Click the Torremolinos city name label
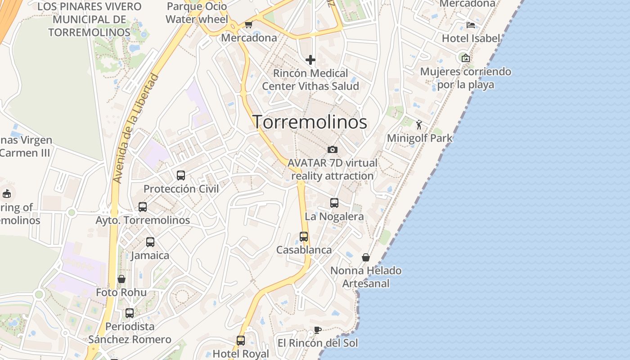(310, 122)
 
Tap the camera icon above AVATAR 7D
(333, 149)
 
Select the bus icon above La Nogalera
(334, 203)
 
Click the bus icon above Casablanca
(304, 237)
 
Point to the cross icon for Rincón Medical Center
(310, 59)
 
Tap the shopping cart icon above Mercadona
(248, 25)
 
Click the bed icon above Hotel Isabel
(471, 25)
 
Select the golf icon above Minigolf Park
(419, 125)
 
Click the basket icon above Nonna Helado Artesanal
(366, 257)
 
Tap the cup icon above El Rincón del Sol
(317, 330)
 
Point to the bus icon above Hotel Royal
(241, 340)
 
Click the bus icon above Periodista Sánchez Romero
(130, 313)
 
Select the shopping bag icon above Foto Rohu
(121, 279)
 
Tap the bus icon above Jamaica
(150, 242)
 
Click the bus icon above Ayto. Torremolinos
(143, 207)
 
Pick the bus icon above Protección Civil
(181, 175)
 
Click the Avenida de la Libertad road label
(136, 128)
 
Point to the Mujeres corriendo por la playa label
(465, 78)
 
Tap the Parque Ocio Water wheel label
(197, 13)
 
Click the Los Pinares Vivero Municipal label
(89, 19)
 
